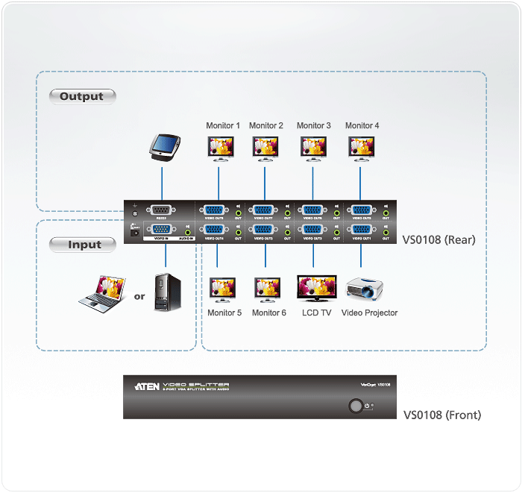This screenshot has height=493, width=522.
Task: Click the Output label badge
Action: click(x=82, y=96)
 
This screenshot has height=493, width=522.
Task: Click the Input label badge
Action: click(x=82, y=245)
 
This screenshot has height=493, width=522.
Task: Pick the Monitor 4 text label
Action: click(x=362, y=126)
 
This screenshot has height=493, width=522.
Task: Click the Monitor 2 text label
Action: click(x=266, y=126)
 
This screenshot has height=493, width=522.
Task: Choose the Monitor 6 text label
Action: click(x=268, y=313)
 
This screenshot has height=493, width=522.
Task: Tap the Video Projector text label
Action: click(x=369, y=313)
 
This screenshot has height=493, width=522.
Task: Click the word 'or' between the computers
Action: click(x=139, y=296)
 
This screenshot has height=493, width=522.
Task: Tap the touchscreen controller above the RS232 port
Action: click(x=163, y=146)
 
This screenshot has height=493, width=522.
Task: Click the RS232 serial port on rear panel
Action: click(x=162, y=211)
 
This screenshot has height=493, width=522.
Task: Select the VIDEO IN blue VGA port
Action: click(x=162, y=230)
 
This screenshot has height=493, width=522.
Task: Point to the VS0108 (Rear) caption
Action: click(x=438, y=240)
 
